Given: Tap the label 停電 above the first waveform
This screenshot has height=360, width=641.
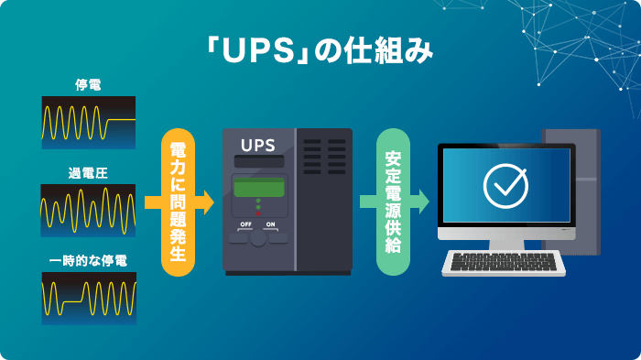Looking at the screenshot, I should pyautogui.click(x=88, y=85).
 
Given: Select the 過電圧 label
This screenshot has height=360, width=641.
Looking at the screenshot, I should pyautogui.click(x=88, y=173).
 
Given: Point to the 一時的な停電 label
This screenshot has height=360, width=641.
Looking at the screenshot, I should pyautogui.click(x=88, y=261).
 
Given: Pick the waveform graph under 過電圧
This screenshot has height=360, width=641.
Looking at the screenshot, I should pyautogui.click(x=88, y=210).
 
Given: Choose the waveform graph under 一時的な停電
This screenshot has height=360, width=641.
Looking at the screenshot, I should pyautogui.click(x=88, y=298).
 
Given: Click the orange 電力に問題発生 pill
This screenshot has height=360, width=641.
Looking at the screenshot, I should pyautogui.click(x=179, y=202).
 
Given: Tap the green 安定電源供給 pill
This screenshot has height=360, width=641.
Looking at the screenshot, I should pyautogui.click(x=391, y=202).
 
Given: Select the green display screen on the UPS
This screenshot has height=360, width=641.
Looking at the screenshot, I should pyautogui.click(x=258, y=186).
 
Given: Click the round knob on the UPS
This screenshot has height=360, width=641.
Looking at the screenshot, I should pyautogui.click(x=258, y=237).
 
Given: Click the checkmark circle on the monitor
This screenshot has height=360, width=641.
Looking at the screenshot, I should pyautogui.click(x=505, y=186).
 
